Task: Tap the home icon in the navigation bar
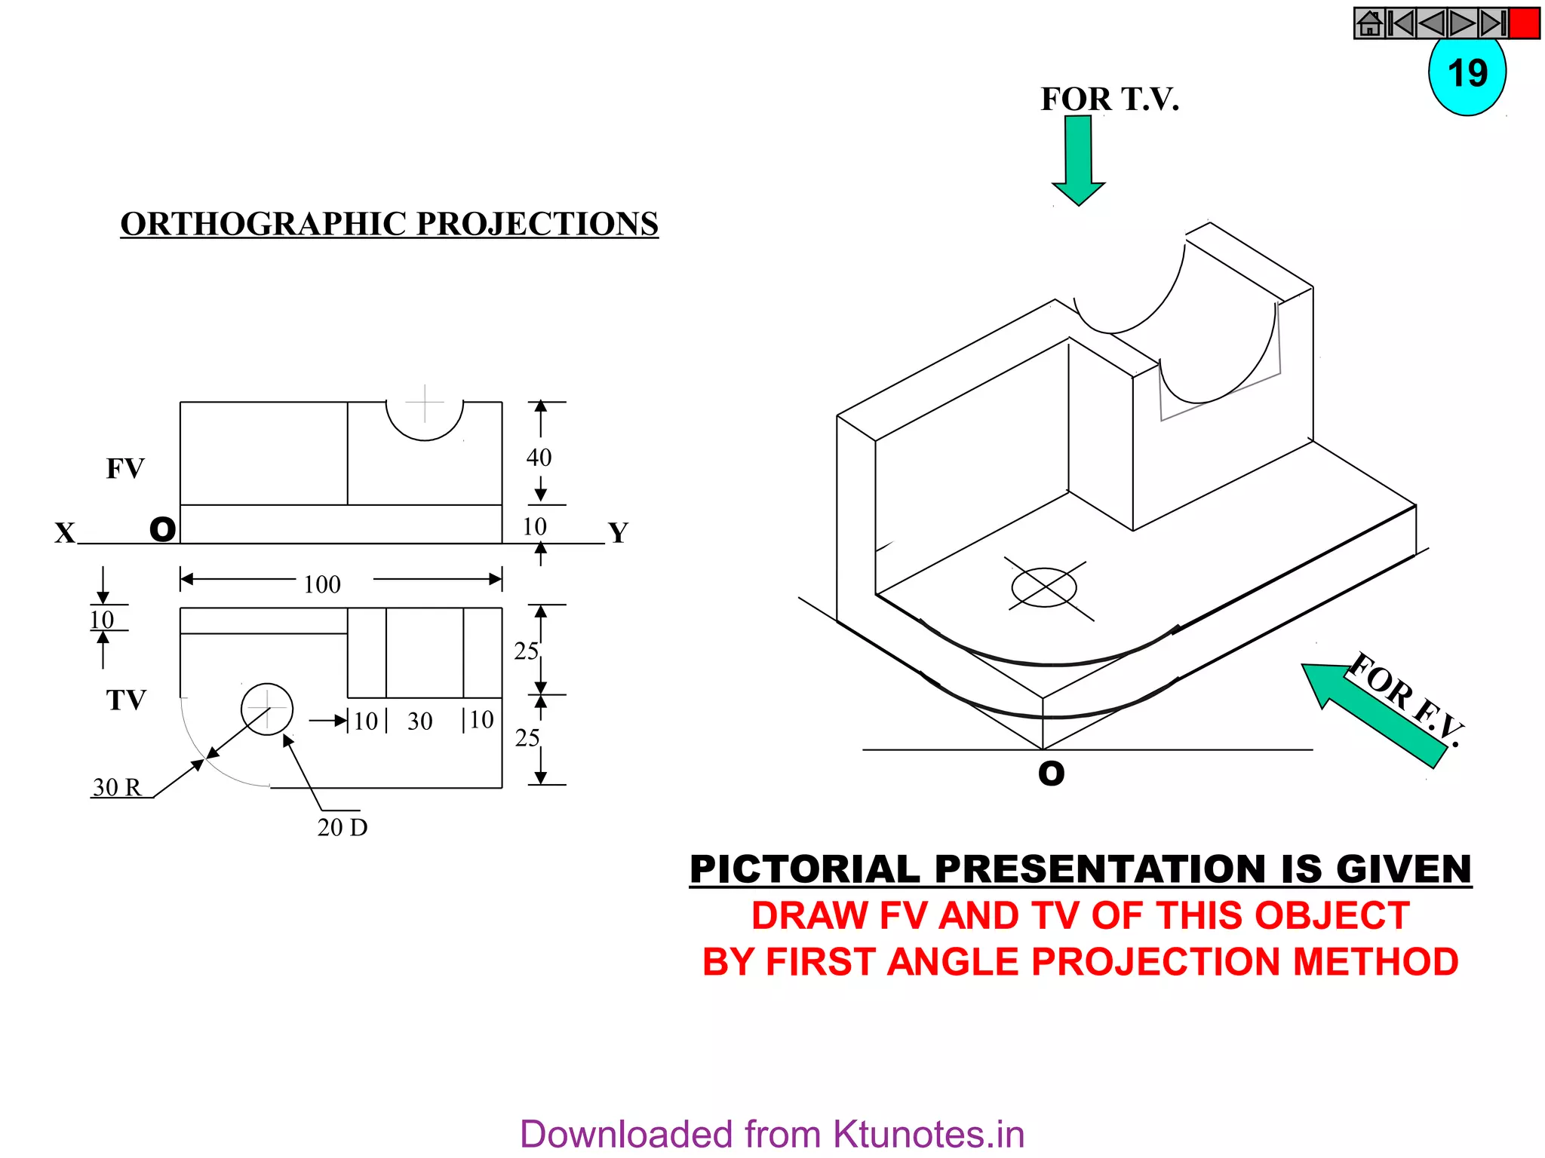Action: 1370,23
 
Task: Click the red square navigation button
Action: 1525,23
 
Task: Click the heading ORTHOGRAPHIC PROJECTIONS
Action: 389,224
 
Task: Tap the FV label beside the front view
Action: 125,468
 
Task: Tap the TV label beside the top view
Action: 126,700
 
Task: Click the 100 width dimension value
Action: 322,584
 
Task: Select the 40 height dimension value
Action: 539,457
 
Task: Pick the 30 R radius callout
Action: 117,787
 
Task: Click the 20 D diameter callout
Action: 342,827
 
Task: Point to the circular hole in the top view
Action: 267,709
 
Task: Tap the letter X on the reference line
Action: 65,533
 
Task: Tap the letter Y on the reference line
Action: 619,533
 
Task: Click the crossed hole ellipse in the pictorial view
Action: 1044,587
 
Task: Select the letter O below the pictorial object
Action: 1051,774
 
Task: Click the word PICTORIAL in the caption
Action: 804,869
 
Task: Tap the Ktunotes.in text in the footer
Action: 928,1134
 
